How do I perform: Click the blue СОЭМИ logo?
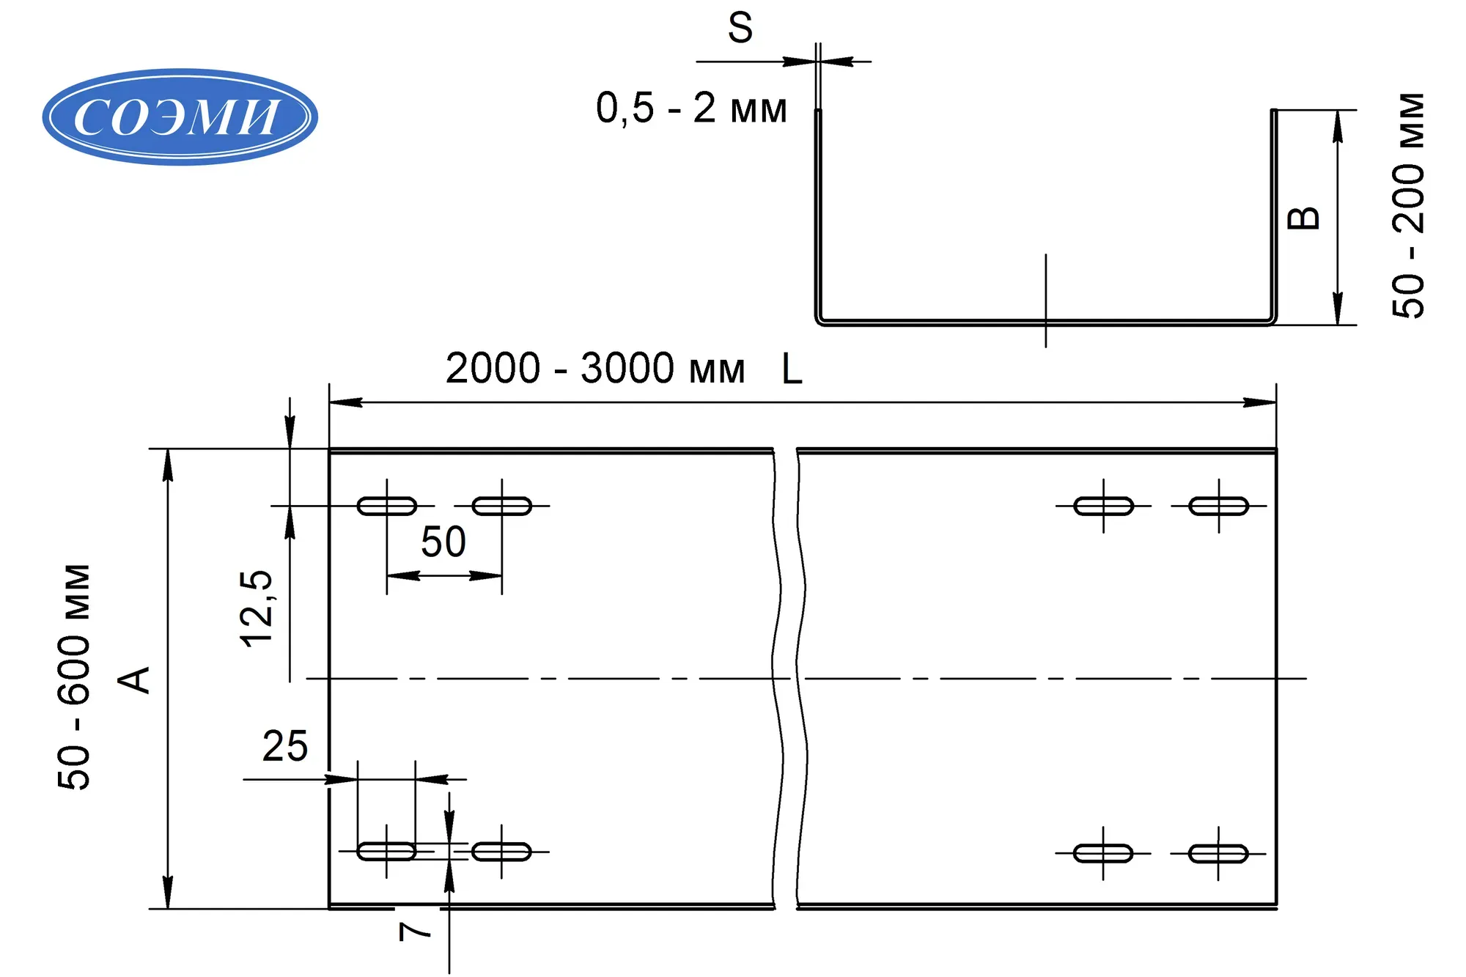click(180, 117)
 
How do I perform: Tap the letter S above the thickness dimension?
click(740, 28)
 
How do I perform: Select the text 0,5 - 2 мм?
click(691, 108)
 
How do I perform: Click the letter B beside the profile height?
click(1304, 218)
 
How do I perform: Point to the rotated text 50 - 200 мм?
click(1408, 205)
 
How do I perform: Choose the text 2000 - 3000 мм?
click(594, 368)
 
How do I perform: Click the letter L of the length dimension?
click(792, 369)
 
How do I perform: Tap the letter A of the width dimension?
click(134, 679)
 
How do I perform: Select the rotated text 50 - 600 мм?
click(75, 676)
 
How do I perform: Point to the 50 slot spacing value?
click(443, 542)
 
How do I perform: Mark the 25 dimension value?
click(284, 746)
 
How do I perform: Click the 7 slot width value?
click(415, 931)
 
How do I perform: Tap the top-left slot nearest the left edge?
click(386, 506)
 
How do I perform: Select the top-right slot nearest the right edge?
click(1218, 506)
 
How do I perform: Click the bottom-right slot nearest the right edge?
click(1218, 853)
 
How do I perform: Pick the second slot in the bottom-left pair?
click(501, 852)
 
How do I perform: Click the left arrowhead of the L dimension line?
click(345, 402)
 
